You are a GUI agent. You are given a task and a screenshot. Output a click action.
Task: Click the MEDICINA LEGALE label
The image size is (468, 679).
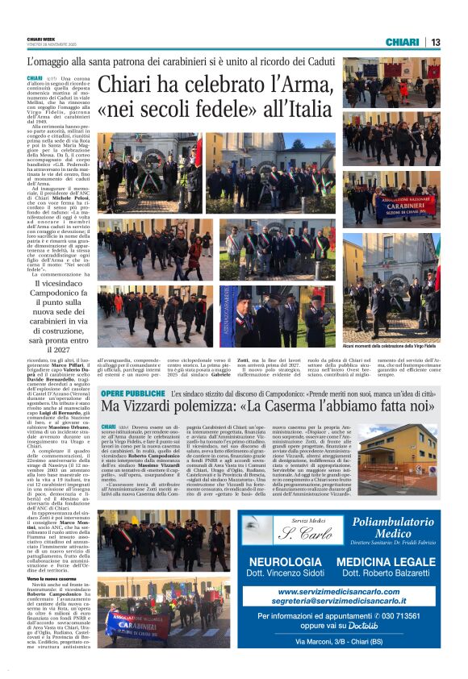[x=386, y=561]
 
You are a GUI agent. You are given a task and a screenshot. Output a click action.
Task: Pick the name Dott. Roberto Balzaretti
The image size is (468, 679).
[x=386, y=573]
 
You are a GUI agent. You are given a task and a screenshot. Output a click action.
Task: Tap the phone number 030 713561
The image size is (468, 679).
[x=406, y=615]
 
